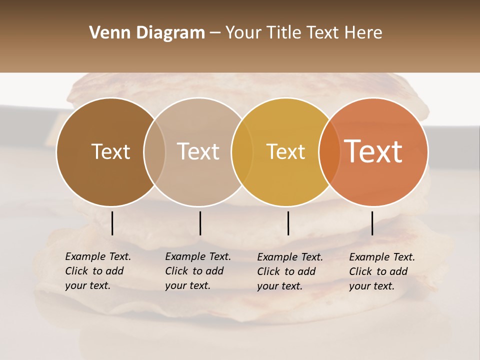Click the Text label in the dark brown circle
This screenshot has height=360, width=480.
(110, 151)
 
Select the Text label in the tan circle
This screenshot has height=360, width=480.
(198, 151)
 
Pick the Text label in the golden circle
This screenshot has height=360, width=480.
(285, 151)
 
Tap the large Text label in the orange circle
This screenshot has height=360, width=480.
(373, 151)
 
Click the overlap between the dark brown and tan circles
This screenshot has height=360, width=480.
(154, 151)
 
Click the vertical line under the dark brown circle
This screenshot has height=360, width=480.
(112, 223)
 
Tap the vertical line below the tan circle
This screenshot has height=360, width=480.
(200, 223)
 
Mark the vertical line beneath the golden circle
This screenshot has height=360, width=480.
(288, 223)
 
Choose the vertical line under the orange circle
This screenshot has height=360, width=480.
(372, 223)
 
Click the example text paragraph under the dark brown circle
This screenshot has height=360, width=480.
(97, 271)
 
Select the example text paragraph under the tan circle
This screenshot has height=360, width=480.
(197, 271)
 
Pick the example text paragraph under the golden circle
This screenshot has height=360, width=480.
(289, 271)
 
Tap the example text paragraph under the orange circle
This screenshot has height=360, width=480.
(381, 271)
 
